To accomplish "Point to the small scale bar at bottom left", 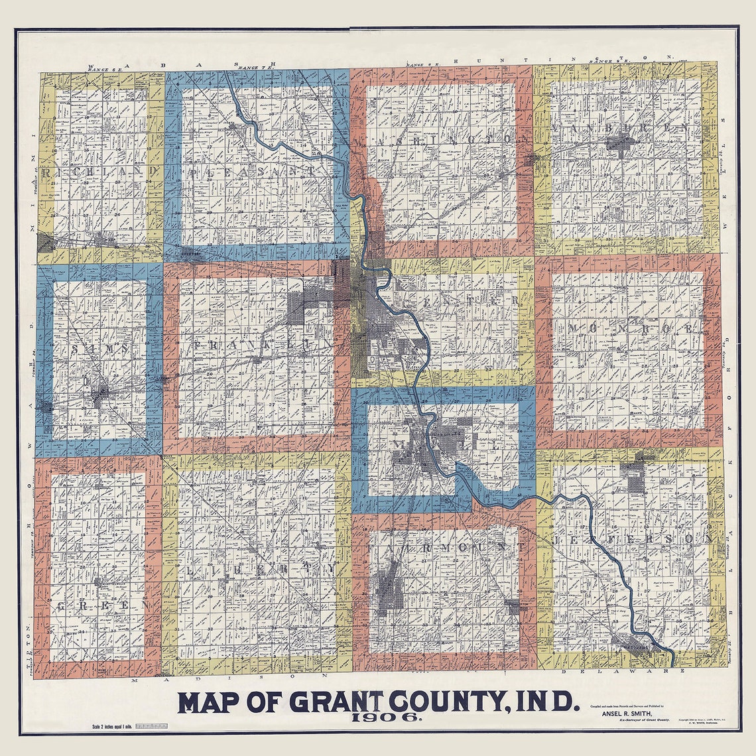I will (x=152, y=728).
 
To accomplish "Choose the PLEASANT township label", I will (x=252, y=172).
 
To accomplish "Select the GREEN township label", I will (x=99, y=605).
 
